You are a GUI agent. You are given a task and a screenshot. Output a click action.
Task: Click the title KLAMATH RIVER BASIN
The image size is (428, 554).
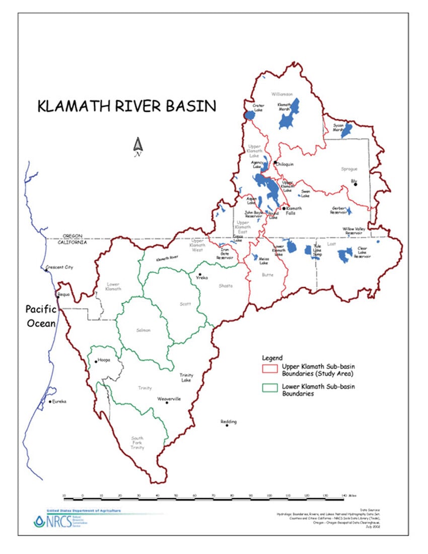click(127, 106)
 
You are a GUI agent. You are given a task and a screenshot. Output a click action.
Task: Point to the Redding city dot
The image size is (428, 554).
click(227, 426)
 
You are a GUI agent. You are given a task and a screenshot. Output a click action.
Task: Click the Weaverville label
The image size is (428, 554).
click(169, 398)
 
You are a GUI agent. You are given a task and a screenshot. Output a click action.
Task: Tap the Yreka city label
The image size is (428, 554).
click(201, 278)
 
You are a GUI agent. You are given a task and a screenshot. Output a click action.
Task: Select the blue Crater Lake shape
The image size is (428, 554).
click(250, 115)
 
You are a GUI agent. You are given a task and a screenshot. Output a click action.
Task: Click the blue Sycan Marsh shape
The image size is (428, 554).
click(346, 130)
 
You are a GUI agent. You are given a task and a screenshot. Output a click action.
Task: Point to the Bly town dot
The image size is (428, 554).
click(356, 184)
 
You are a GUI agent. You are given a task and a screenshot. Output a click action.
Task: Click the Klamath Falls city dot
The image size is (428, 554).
click(284, 208)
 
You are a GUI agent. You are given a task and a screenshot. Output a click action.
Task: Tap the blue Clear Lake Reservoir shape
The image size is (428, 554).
click(345, 255)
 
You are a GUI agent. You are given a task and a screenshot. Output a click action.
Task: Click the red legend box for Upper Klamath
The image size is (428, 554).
click(271, 370)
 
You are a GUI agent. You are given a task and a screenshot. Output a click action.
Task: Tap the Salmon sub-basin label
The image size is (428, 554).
click(144, 330)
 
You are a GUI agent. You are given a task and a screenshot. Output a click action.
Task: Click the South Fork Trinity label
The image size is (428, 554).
click(137, 443)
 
